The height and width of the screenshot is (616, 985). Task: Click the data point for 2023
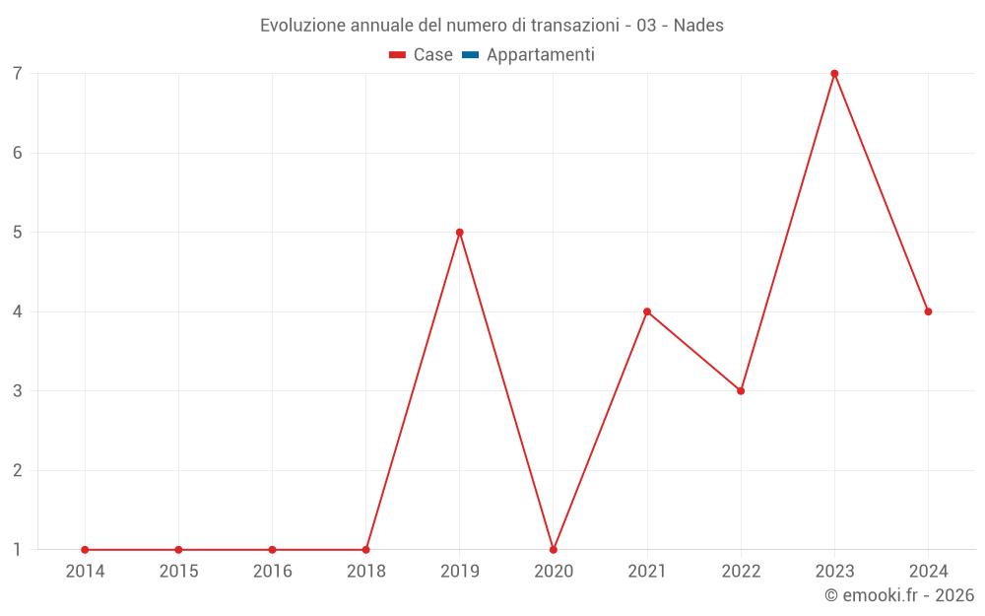click(834, 74)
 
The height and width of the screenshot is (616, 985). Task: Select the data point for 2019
click(460, 233)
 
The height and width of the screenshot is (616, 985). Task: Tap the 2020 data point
click(554, 549)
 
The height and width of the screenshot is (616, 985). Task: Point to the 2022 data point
click(741, 391)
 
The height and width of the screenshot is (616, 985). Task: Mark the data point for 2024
click(928, 311)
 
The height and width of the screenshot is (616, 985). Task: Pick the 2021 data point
click(647, 311)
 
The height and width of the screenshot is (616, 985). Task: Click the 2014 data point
click(85, 549)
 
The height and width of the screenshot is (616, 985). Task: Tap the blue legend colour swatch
click(470, 55)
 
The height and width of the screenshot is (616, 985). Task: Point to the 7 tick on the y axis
click(18, 74)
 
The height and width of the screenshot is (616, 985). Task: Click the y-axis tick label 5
click(18, 233)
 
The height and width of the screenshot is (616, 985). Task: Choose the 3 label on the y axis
click(18, 391)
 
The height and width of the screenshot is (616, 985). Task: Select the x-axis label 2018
click(365, 572)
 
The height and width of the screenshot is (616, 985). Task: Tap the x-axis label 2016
click(272, 572)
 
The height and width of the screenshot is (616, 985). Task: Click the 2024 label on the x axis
click(928, 572)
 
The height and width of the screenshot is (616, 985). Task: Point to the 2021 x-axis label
click(647, 572)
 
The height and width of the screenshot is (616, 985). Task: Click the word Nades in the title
click(698, 26)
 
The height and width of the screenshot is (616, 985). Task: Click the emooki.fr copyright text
click(899, 595)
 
